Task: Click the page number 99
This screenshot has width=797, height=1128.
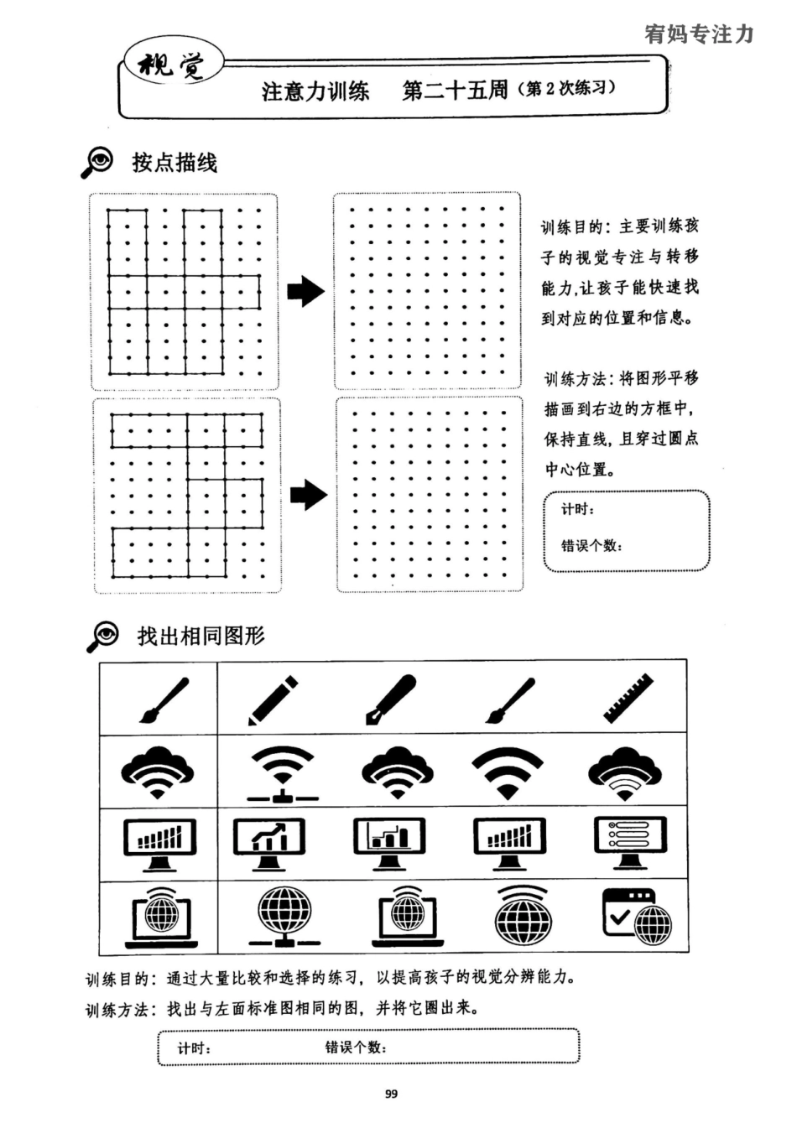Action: coord(391,1094)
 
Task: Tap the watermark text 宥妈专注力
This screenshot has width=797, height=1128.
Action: coord(699,34)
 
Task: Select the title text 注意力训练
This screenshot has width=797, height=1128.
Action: coord(315,91)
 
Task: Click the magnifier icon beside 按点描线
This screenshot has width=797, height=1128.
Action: coord(97,162)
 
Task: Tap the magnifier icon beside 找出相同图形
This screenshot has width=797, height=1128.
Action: coord(103,637)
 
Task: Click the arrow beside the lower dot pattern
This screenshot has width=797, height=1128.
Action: coord(308,495)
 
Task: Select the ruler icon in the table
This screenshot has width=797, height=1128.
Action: coord(628,698)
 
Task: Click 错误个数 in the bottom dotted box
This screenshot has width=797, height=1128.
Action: coord(356,1047)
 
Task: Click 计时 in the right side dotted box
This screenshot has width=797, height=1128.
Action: coord(577,510)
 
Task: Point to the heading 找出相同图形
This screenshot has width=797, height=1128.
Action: coord(201,636)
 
